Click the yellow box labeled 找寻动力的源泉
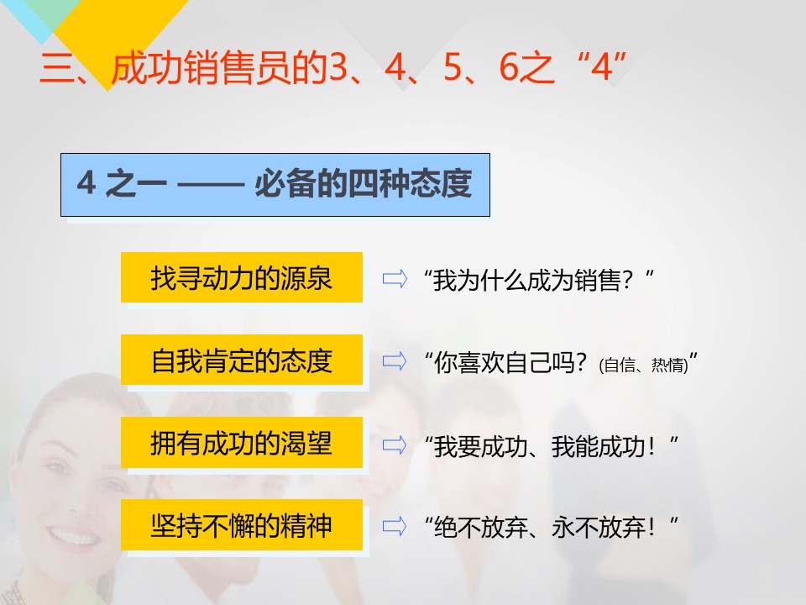tap(242, 277)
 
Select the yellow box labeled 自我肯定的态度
tap(242, 360)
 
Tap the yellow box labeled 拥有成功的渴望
tap(242, 443)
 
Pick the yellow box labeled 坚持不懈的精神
tap(242, 524)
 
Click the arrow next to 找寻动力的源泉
tap(395, 279)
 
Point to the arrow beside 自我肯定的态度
tap(395, 361)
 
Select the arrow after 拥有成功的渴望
tap(395, 445)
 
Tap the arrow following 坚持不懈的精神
tap(395, 526)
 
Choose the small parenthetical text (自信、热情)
tap(644, 365)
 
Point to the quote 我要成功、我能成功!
tap(551, 446)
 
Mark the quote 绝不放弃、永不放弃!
tap(551, 528)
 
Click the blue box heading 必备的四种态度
tap(275, 185)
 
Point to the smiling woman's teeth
tap(74, 537)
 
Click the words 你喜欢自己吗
tap(502, 363)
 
